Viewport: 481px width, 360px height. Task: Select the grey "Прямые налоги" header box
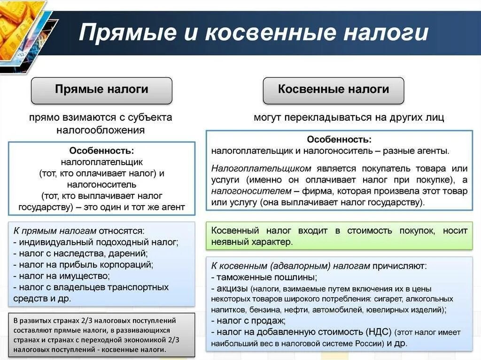[101, 90]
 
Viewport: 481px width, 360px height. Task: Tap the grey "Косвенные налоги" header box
[333, 90]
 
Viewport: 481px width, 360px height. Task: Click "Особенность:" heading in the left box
[101, 151]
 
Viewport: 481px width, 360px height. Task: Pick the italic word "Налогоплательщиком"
[261, 168]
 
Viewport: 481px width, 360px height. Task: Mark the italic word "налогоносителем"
[251, 191]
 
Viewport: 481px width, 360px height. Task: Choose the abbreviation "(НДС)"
[377, 332]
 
